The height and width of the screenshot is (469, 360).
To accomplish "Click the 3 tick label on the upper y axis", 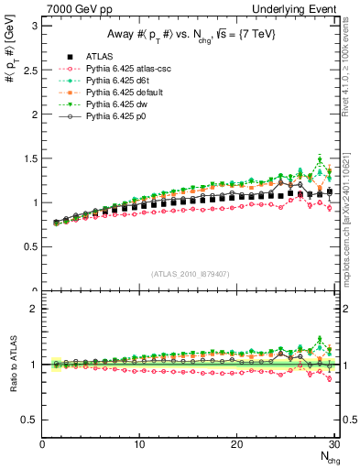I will [x=34, y=25].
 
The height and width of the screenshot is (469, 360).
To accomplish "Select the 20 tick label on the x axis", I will [x=237, y=445].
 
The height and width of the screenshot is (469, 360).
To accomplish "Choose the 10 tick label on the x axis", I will [x=139, y=445].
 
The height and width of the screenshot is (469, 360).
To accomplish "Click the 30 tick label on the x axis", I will [x=334, y=445].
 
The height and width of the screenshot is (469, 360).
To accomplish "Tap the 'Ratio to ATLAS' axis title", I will [x=12, y=365].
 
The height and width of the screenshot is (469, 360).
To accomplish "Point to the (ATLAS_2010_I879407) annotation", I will [x=190, y=272].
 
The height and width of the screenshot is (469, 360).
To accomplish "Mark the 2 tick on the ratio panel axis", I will [x=34, y=309].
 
